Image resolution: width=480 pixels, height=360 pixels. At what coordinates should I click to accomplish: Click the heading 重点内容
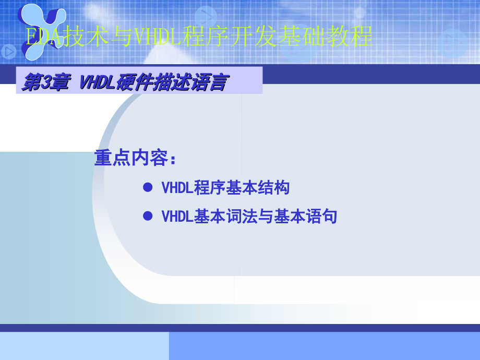(x=130, y=158)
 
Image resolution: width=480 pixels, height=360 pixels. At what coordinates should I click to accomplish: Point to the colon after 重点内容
(x=173, y=159)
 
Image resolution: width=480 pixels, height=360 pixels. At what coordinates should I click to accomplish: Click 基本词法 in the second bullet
(x=225, y=216)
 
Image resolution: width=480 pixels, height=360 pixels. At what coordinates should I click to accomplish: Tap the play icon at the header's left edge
(x=8, y=52)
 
